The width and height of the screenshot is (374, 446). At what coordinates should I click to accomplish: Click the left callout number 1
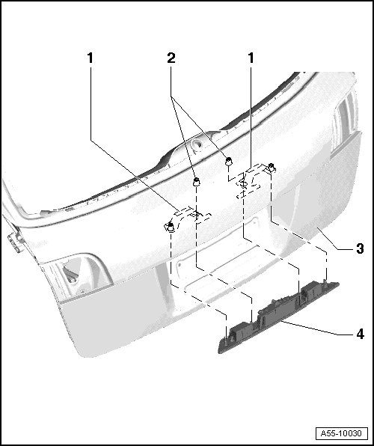(x=91, y=58)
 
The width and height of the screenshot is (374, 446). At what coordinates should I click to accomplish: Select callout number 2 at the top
(x=171, y=58)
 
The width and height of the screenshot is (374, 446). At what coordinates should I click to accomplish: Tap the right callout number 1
(x=251, y=58)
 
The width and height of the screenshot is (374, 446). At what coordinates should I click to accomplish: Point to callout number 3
(x=360, y=248)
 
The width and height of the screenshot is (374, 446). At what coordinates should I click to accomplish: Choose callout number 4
(x=360, y=334)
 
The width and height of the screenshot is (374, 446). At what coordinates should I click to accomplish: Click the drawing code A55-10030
(x=341, y=433)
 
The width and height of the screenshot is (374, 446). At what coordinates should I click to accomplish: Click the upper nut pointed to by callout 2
(x=228, y=162)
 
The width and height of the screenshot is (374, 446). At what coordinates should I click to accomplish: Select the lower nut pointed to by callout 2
(x=196, y=182)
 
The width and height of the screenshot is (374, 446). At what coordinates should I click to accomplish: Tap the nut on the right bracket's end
(x=272, y=168)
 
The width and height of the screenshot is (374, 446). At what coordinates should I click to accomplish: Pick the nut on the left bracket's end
(x=171, y=227)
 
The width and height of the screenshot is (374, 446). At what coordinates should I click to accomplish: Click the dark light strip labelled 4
(x=278, y=317)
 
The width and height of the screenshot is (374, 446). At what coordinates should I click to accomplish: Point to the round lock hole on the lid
(x=197, y=143)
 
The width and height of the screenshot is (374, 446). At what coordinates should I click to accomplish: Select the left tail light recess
(x=79, y=275)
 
